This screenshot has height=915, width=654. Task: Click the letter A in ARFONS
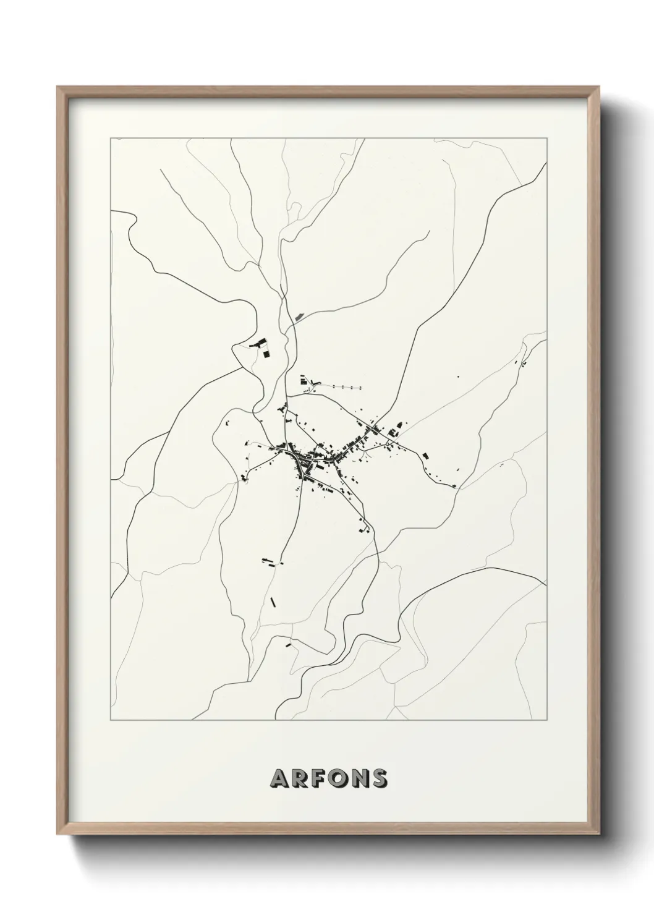(x=279, y=778)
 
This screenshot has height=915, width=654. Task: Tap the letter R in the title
(x=300, y=778)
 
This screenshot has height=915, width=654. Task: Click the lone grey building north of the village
(x=300, y=317)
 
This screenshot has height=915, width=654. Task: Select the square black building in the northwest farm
(x=266, y=354)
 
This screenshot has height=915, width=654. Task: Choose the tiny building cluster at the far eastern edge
(x=523, y=364)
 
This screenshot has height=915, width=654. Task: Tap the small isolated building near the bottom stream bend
(x=287, y=645)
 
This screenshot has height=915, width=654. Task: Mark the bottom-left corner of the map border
(x=111, y=720)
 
